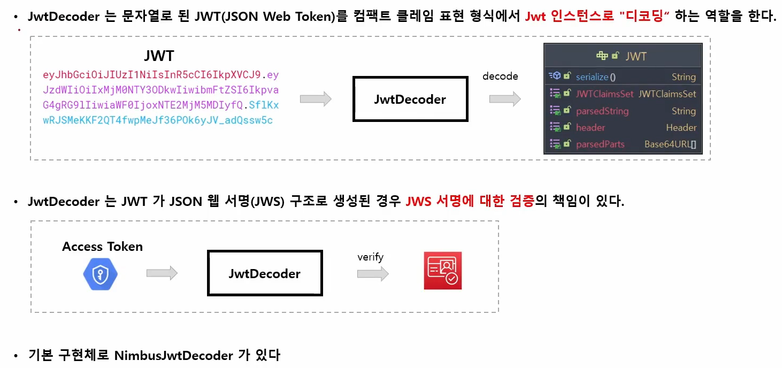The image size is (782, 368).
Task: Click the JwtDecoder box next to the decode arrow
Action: pyautogui.click(x=410, y=99)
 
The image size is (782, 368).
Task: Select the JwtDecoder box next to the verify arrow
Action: pyautogui.click(x=264, y=273)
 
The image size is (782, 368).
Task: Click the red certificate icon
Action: pyautogui.click(x=442, y=271)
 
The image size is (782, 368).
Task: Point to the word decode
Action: pyautogui.click(x=500, y=76)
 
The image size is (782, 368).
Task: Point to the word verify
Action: pyautogui.click(x=370, y=257)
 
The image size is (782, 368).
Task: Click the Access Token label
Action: pyautogui.click(x=102, y=247)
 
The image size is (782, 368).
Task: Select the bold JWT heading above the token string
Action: pyautogui.click(x=159, y=56)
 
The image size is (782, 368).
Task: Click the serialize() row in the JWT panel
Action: pyautogui.click(x=596, y=77)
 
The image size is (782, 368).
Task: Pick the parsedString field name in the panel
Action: pyautogui.click(x=602, y=111)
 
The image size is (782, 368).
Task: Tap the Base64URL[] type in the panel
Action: pyautogui.click(x=670, y=144)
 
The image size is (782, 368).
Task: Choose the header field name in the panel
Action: pyautogui.click(x=590, y=128)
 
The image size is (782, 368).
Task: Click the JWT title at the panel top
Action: pyautogui.click(x=635, y=56)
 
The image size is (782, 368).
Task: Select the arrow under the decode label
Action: pyautogui.click(x=505, y=99)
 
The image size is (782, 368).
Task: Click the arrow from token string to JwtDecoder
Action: pyautogui.click(x=316, y=99)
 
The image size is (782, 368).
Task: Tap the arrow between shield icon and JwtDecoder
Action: pyautogui.click(x=162, y=273)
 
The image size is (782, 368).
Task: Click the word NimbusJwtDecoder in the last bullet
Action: pyautogui.click(x=173, y=355)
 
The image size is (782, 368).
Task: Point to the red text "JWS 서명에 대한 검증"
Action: pyautogui.click(x=470, y=202)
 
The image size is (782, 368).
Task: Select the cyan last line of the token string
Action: pyautogui.click(x=157, y=120)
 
